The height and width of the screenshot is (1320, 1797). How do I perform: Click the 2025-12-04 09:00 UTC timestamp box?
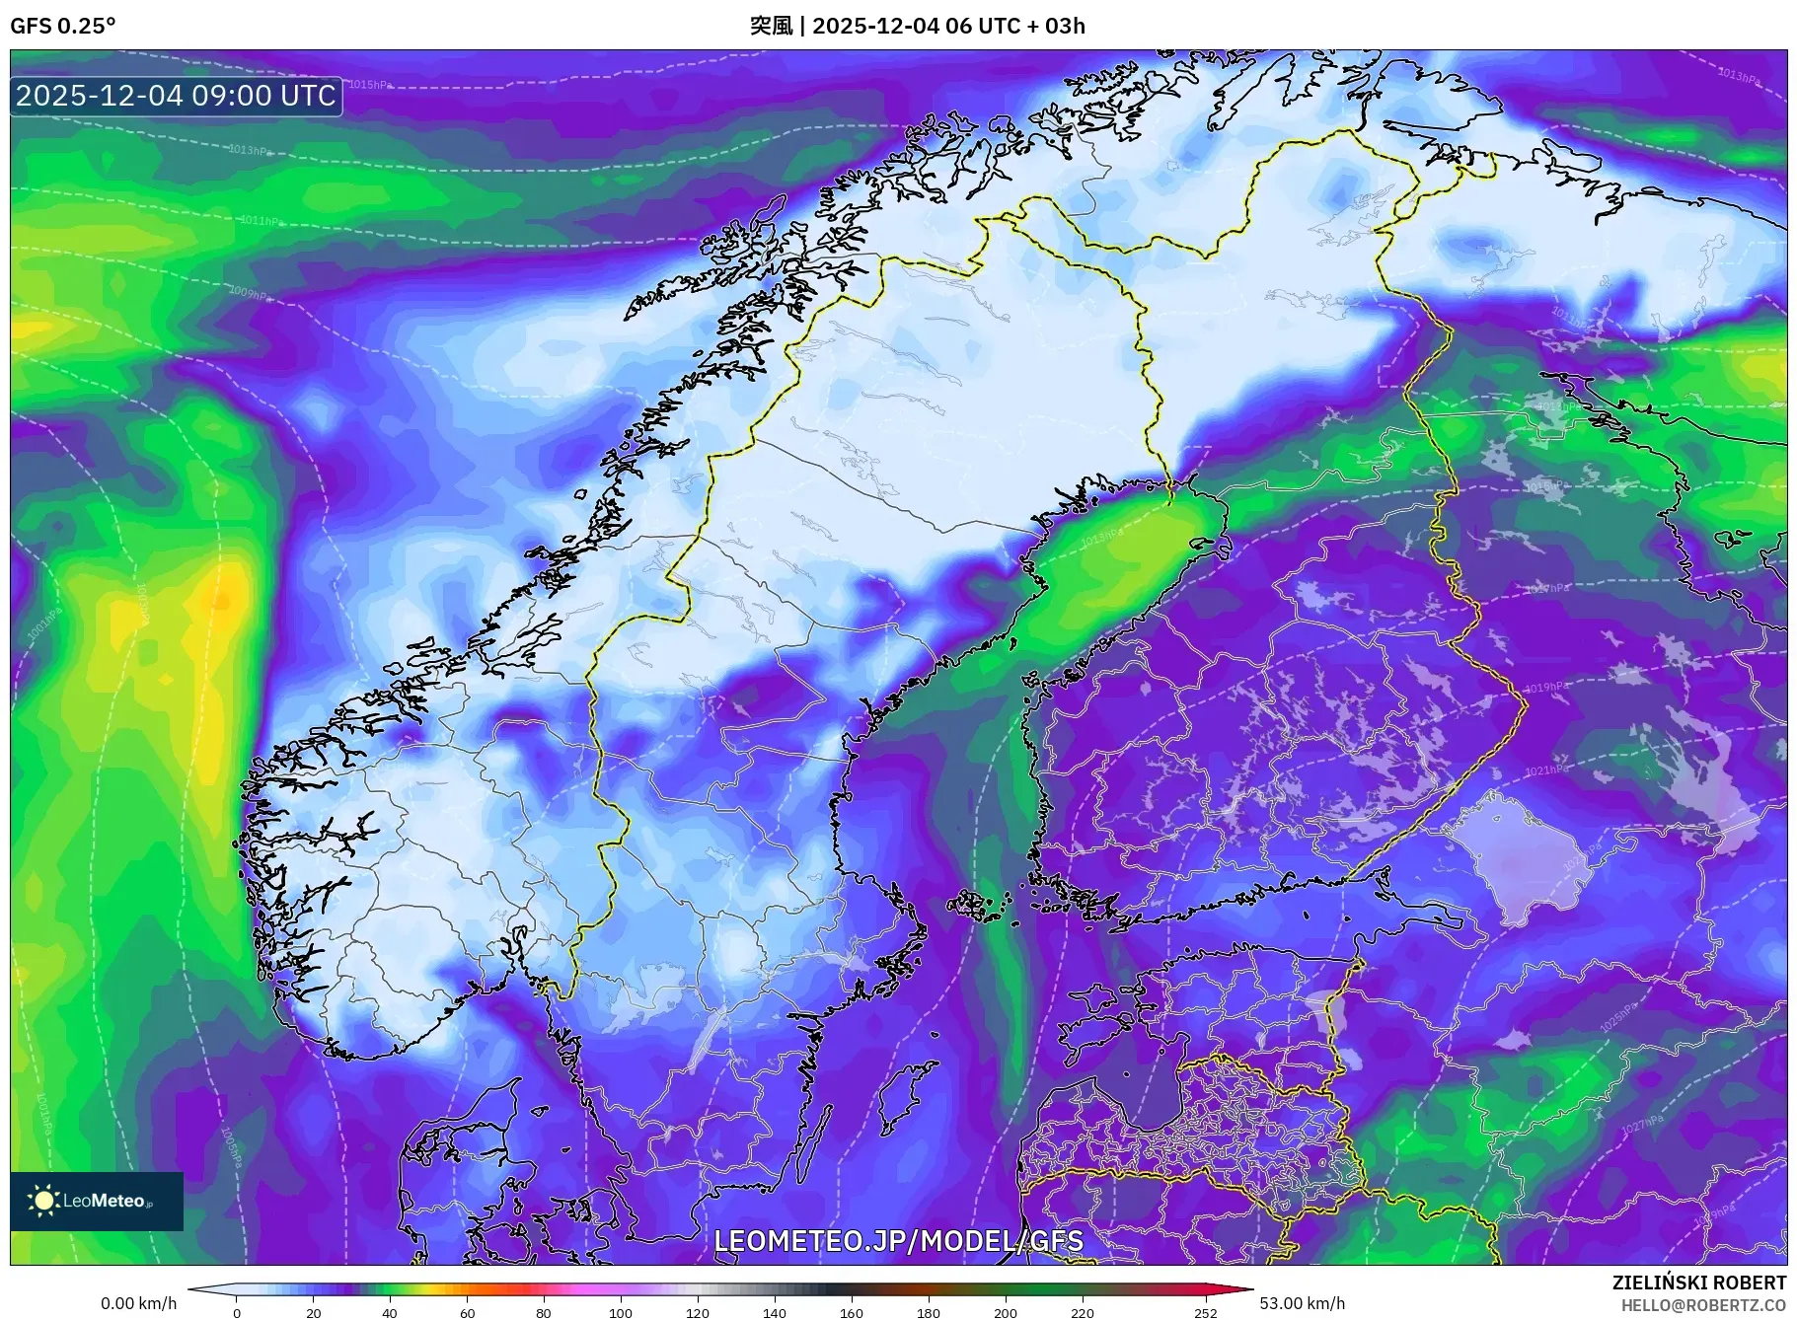177,96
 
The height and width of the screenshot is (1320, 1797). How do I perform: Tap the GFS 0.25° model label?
62,26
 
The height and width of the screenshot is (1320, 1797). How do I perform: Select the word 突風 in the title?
771,26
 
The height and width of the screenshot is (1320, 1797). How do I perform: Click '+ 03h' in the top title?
1057,26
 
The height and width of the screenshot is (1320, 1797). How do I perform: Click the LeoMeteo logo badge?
97,1201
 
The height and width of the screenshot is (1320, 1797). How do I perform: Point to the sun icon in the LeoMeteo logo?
43,1201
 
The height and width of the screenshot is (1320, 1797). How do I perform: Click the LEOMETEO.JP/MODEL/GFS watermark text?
898,1241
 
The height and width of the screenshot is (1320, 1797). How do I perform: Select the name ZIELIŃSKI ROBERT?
1698,1283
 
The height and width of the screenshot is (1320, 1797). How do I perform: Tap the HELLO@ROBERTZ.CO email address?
1703,1305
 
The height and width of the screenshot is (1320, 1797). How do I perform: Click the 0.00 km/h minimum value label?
139,1303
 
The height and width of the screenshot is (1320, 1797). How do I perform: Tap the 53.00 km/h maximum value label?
1302,1303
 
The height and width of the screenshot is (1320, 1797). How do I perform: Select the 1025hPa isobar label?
1616,1017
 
